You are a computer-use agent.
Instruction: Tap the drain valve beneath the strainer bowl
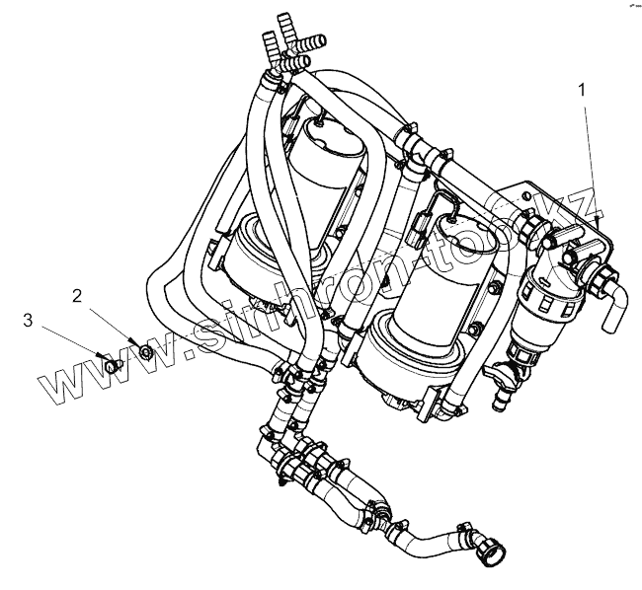pyautogui.click(x=519, y=367)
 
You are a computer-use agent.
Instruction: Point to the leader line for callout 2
pyautogui.click(x=114, y=322)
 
